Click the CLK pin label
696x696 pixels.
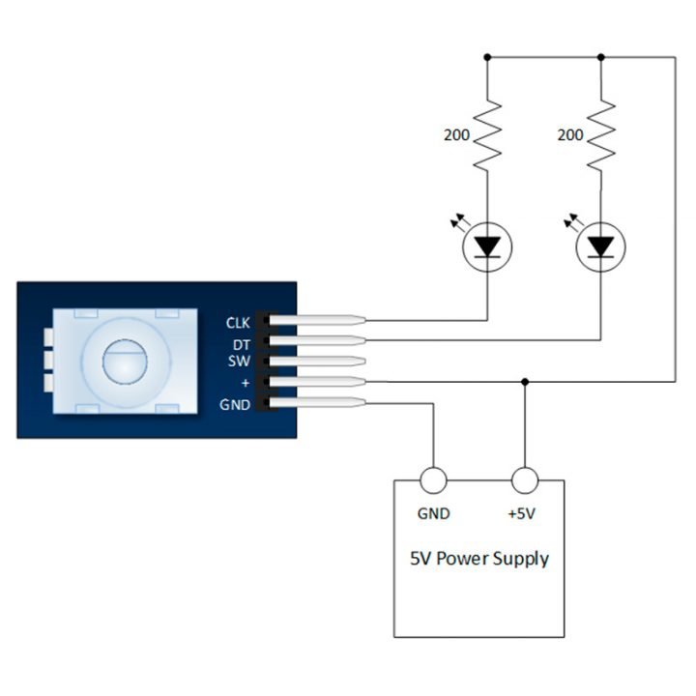tap(238, 322)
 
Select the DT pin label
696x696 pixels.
tap(241, 343)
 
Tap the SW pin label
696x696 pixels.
tap(240, 362)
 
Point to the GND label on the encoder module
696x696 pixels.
tap(237, 404)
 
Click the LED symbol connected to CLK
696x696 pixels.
tap(487, 247)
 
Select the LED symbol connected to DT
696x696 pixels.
tap(601, 247)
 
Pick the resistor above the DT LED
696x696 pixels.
tap(601, 135)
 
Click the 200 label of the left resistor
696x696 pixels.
tap(457, 135)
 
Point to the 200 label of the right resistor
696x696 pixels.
tap(570, 135)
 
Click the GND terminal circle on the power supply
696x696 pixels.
tap(433, 480)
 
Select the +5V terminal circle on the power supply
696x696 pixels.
tap(524, 480)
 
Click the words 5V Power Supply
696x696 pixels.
tap(479, 559)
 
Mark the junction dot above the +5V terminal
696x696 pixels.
tap(524, 382)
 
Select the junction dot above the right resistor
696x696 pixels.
tap(601, 57)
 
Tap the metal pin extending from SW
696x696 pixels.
tap(319, 362)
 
